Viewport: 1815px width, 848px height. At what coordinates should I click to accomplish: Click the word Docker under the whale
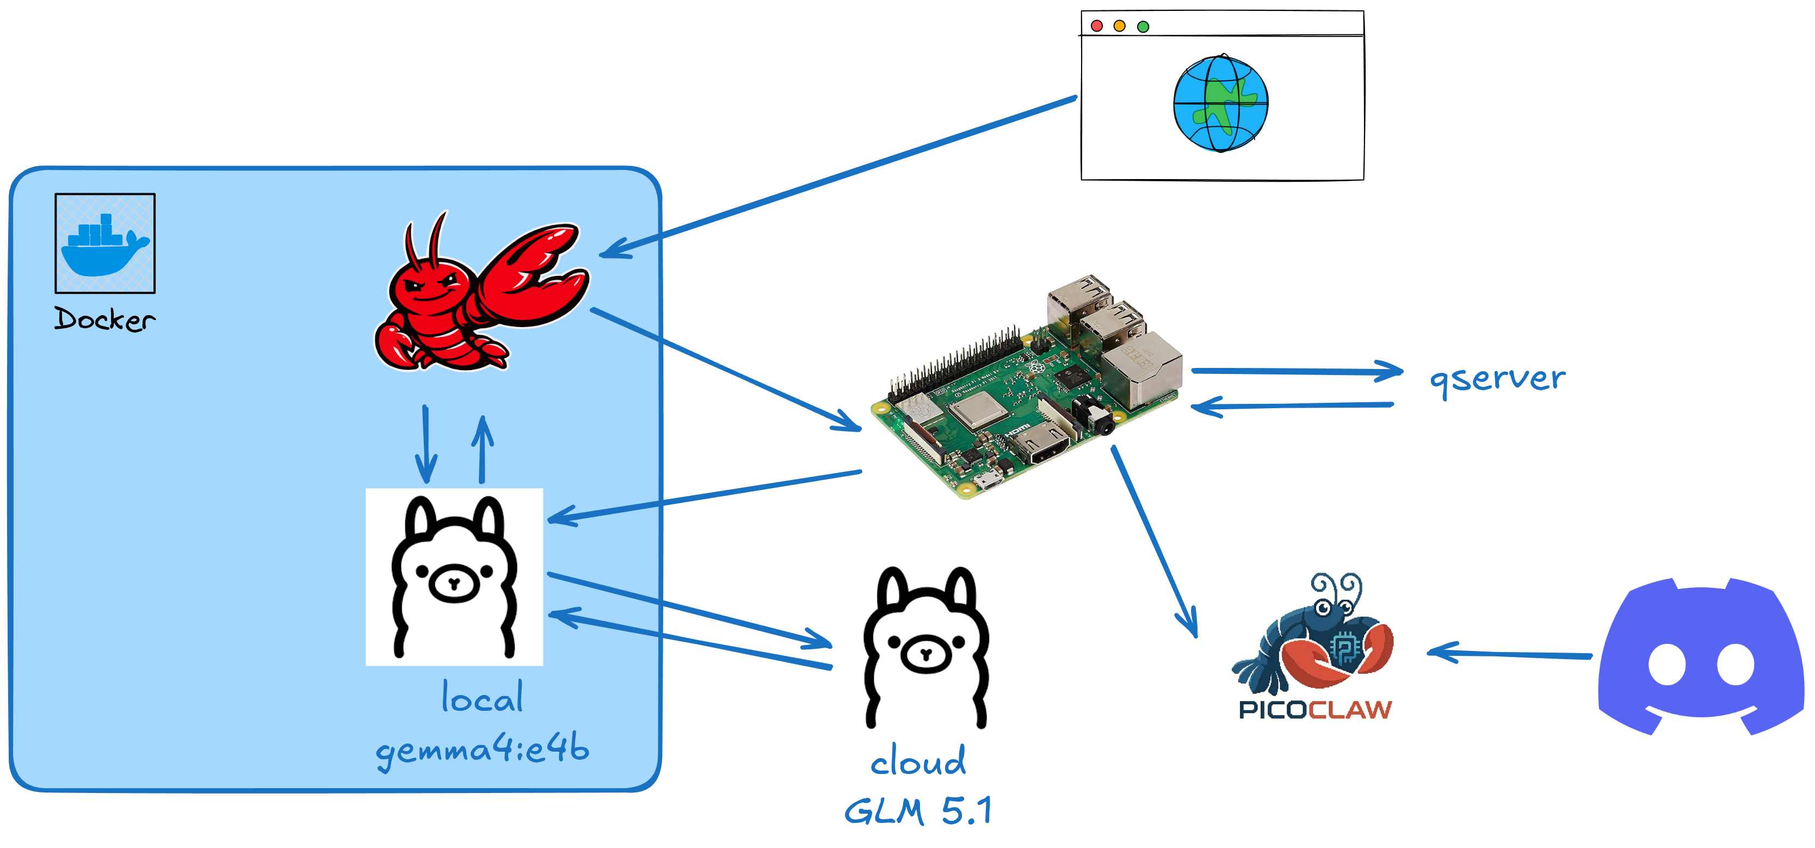[105, 319]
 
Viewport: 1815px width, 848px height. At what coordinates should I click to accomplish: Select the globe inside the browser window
[1220, 103]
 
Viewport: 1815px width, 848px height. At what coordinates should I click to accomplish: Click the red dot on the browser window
[1096, 26]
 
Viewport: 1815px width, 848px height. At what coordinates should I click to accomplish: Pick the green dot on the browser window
[1143, 26]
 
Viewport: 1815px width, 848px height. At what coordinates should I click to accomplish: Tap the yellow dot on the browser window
[1120, 26]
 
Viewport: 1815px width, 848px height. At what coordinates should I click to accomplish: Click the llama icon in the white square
[454, 576]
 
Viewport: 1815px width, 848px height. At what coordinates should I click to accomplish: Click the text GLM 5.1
[918, 810]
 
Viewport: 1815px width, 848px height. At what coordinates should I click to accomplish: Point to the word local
[483, 698]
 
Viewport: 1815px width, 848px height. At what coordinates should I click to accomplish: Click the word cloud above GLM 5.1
[918, 761]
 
